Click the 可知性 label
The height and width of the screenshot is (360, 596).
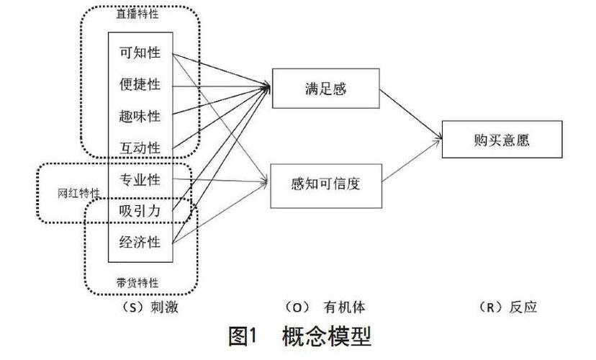(140, 53)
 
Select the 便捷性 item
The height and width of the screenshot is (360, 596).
(140, 84)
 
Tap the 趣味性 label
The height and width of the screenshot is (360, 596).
(140, 116)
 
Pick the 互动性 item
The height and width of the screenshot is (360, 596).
(140, 148)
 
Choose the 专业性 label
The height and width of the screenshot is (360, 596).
(140, 179)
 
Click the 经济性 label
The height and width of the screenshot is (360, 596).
(140, 242)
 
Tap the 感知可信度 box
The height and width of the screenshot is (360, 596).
(325, 184)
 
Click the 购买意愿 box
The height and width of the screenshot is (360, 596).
(502, 140)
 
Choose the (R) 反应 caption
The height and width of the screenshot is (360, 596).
(507, 307)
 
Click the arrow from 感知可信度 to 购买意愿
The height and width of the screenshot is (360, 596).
(410, 161)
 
